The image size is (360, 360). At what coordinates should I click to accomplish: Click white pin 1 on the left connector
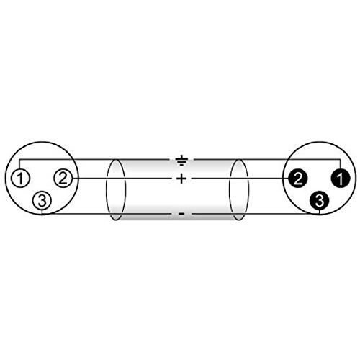[x=20, y=178]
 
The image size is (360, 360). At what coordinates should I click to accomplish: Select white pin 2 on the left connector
[x=63, y=178]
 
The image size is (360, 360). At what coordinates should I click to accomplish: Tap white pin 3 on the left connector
[x=42, y=201]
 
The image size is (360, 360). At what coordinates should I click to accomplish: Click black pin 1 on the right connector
[x=341, y=178]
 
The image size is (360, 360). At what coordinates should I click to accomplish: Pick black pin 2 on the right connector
[x=297, y=178]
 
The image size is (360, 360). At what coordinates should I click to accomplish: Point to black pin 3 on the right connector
[x=319, y=201]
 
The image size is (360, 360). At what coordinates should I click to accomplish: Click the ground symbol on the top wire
[x=181, y=161]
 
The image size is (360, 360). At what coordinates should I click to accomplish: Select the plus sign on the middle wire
[x=181, y=179]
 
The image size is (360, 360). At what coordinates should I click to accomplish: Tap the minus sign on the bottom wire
[x=181, y=214]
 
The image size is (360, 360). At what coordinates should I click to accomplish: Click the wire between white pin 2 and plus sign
[x=122, y=179]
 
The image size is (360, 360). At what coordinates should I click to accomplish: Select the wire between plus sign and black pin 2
[x=240, y=179]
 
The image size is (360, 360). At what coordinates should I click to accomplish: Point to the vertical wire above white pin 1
[x=19, y=164]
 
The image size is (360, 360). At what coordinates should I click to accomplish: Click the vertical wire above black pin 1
[x=341, y=164]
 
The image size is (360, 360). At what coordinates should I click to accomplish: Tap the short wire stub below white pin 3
[x=42, y=212]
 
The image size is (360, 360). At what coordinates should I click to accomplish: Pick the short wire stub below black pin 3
[x=319, y=212]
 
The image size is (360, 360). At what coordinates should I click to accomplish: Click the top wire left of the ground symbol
[x=95, y=159]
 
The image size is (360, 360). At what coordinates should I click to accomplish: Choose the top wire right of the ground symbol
[x=267, y=159]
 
